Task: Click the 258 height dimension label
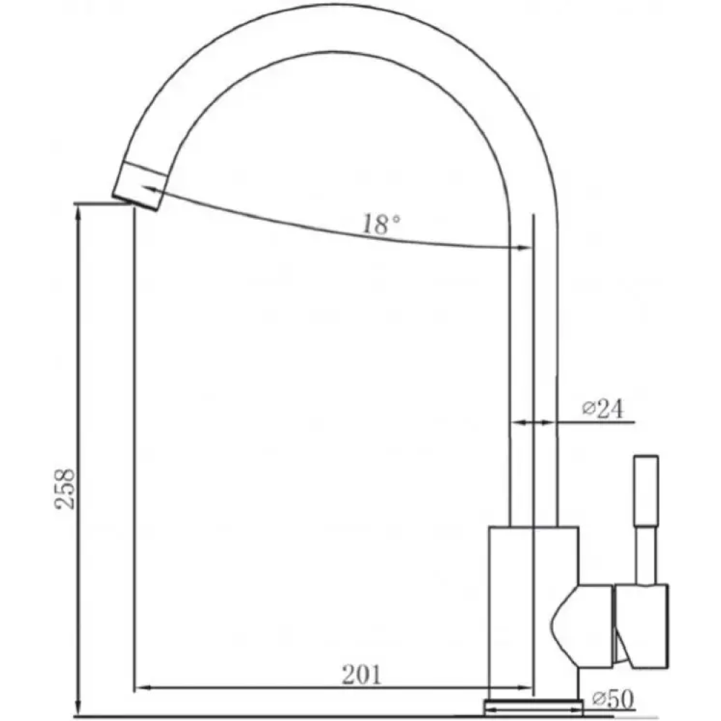click(64, 488)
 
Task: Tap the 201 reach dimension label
click(362, 675)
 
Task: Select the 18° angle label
click(381, 224)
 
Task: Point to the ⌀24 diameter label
click(603, 408)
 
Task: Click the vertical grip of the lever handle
click(646, 490)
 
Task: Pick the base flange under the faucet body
click(534, 706)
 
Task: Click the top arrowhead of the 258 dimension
click(78, 211)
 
